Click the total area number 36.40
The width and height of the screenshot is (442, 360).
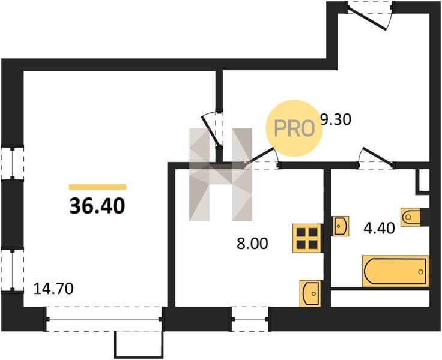97,206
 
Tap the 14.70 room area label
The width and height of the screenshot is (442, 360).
53,289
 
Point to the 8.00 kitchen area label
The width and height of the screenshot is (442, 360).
252,244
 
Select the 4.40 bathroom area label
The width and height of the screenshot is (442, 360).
379,228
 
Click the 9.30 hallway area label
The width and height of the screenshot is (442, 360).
336,120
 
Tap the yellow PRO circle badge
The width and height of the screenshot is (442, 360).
294,128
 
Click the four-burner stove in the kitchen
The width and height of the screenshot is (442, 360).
307,238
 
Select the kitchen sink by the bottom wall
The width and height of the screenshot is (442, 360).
310,293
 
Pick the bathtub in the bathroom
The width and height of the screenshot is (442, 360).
396,271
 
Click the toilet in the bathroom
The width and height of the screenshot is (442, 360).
410,217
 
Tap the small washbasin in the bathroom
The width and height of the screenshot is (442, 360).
341,226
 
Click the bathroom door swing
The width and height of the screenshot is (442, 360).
375,158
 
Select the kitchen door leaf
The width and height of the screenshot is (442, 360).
259,157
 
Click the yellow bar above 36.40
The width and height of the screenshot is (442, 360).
97,187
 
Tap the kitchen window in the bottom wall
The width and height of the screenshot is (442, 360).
250,319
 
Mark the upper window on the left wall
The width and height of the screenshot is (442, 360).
13,163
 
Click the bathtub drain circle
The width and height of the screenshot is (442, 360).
420,272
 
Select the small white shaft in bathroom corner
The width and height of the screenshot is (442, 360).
423,180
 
